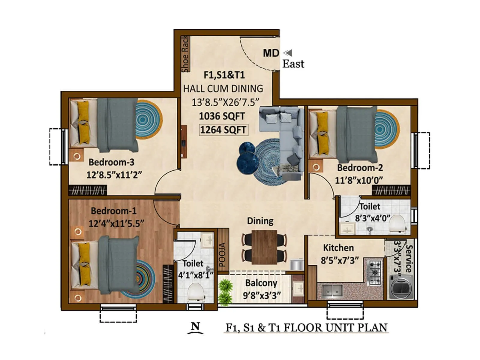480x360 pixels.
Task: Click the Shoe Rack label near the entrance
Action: click(x=185, y=54)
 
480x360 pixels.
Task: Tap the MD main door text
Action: click(x=271, y=53)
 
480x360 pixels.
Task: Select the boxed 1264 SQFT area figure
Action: click(x=223, y=130)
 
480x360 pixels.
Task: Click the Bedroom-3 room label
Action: click(x=111, y=162)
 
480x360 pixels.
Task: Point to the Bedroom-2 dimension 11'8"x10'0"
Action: click(x=359, y=180)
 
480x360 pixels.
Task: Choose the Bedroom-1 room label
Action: click(x=113, y=211)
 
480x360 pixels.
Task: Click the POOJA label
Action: click(x=222, y=255)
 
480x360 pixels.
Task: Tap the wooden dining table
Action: click(x=264, y=247)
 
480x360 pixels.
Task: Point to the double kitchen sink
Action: click(x=332, y=290)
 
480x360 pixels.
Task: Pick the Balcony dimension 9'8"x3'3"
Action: click(x=262, y=295)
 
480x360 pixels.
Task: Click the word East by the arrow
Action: click(x=293, y=64)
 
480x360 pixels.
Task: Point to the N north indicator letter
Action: click(x=196, y=326)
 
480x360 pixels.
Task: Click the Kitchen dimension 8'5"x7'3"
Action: click(x=339, y=260)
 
